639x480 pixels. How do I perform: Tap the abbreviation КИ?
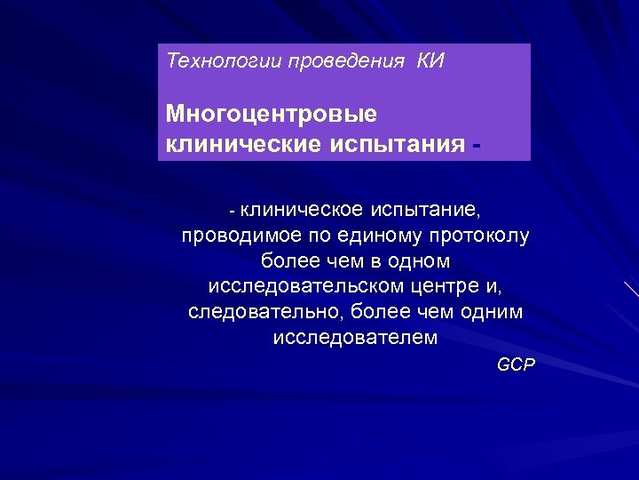coord(430,61)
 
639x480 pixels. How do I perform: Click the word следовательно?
coord(265,313)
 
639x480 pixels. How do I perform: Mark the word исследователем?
coord(355,339)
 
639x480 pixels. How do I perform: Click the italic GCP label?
coord(516,365)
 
